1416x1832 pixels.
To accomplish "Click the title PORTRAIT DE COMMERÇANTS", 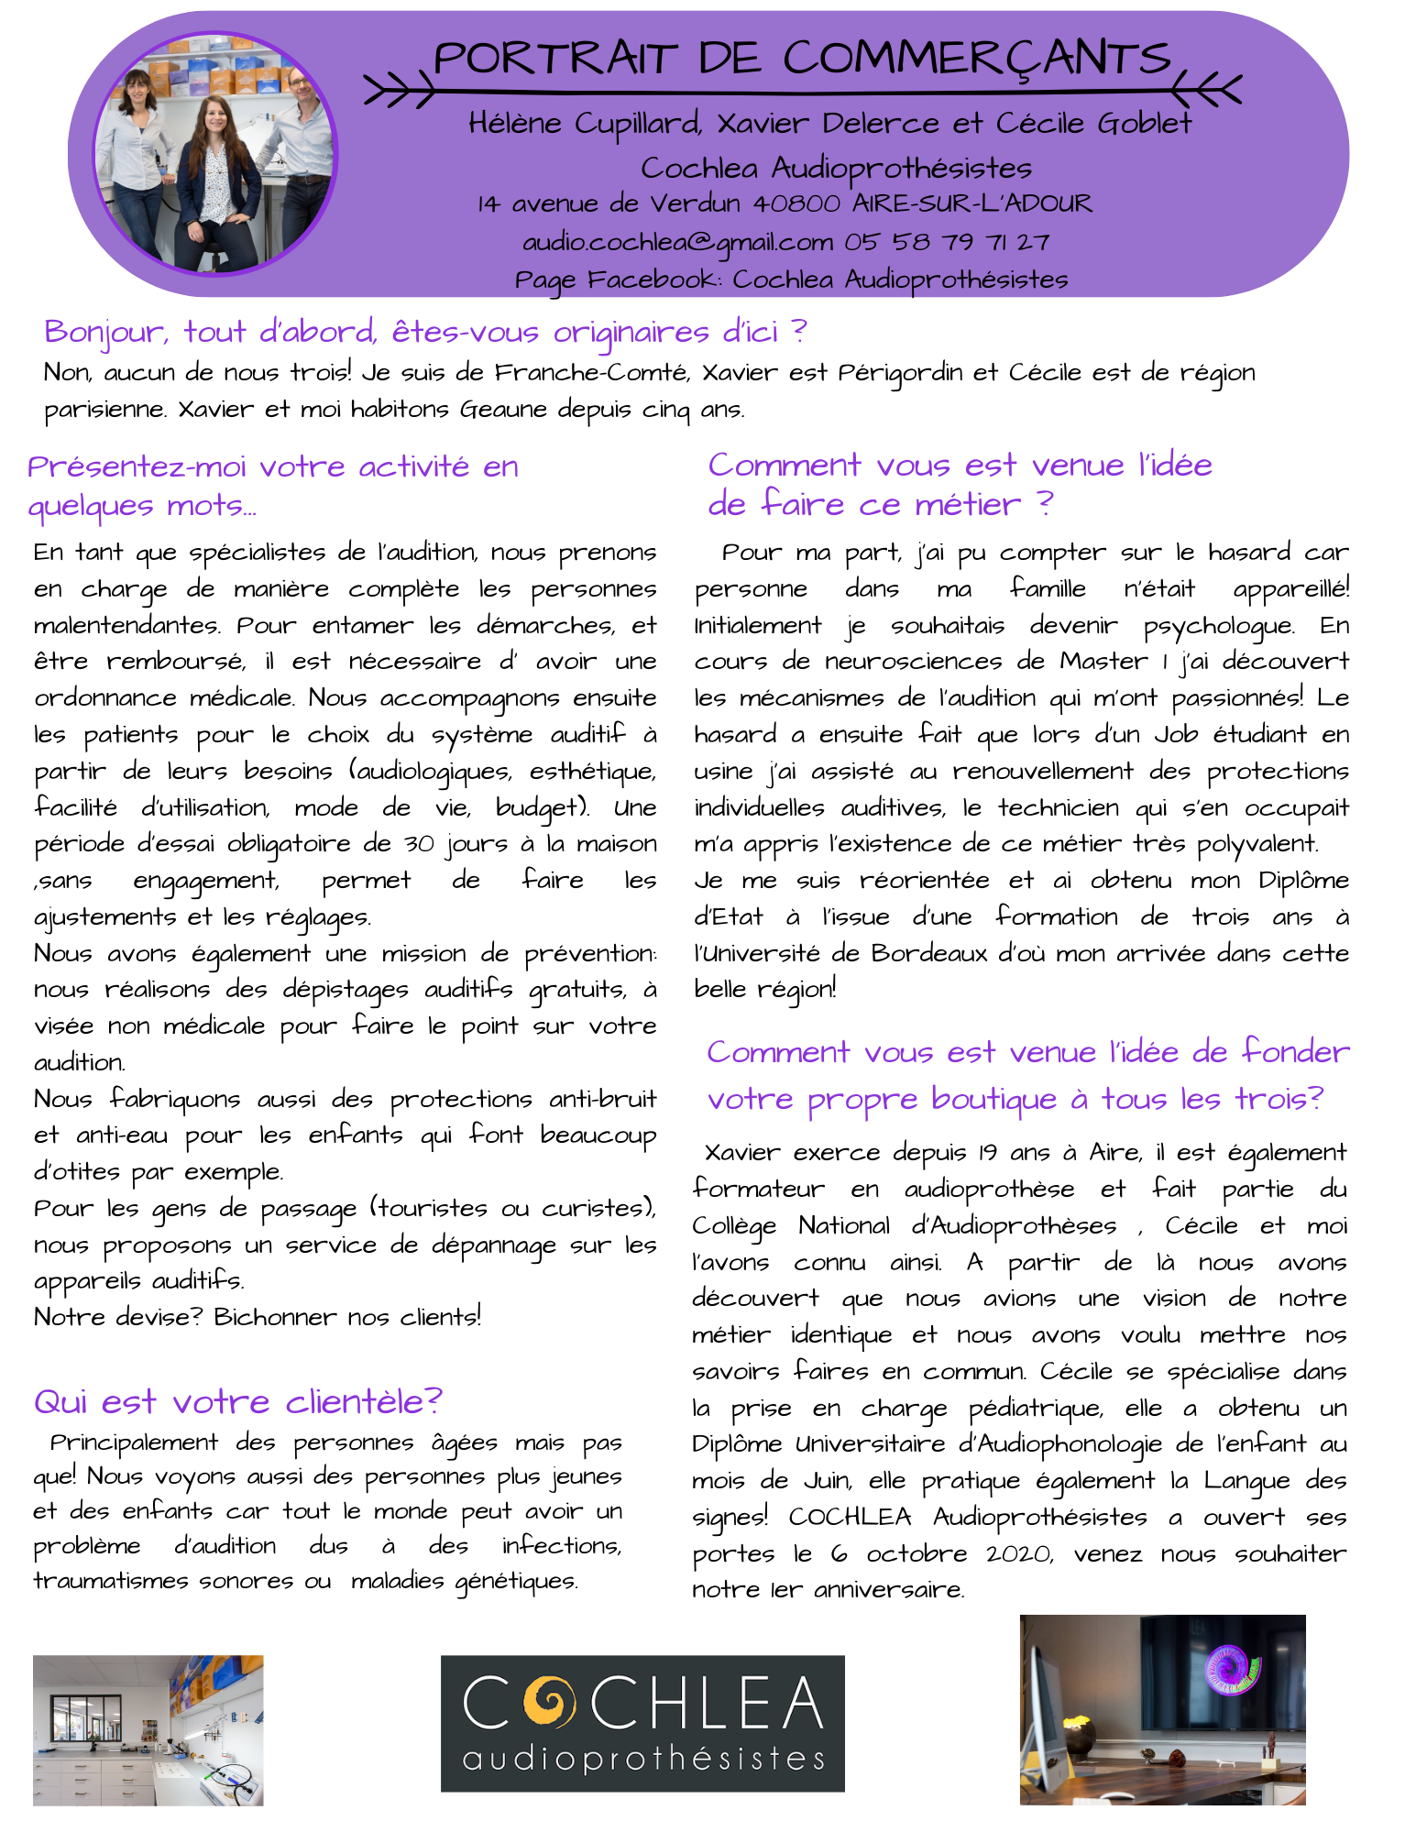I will click(x=802, y=59).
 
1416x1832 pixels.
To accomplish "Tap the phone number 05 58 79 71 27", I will click(x=947, y=242).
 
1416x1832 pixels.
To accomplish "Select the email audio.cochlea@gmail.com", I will click(x=677, y=242).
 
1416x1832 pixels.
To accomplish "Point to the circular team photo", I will click(x=216, y=153).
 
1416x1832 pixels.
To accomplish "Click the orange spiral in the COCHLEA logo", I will click(x=548, y=1701).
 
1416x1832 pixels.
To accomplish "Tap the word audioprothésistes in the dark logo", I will click(x=643, y=1758).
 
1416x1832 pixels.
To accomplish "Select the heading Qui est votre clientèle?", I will click(x=237, y=1401).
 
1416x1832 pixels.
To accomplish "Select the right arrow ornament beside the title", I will click(x=1208, y=91).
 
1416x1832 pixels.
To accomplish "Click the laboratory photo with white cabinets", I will click(x=148, y=1730).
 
